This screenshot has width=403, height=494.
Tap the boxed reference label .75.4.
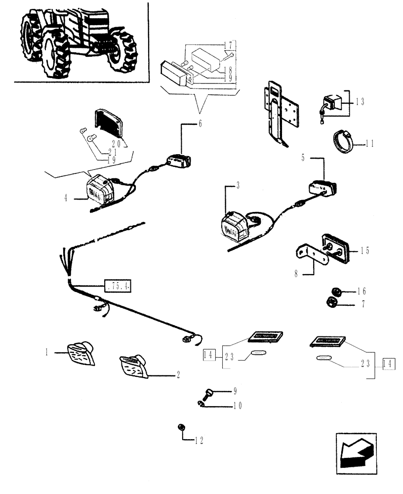[x=118, y=286]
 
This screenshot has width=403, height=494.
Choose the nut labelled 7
[x=332, y=302]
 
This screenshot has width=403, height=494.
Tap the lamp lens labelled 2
[x=134, y=367]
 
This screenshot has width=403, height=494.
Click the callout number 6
[x=201, y=124]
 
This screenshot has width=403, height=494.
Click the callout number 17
[x=228, y=45]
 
